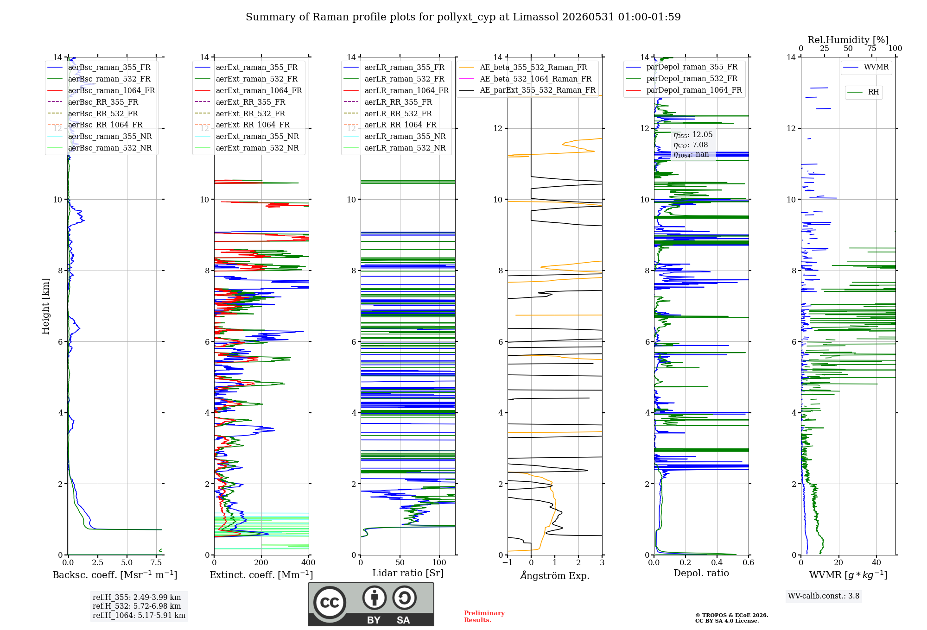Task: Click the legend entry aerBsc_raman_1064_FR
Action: (x=101, y=90)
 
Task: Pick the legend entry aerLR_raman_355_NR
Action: (x=395, y=136)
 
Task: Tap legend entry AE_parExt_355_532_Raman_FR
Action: (x=527, y=90)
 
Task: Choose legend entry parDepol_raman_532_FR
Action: (x=682, y=78)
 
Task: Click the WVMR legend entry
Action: (x=866, y=67)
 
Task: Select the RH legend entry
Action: (x=864, y=92)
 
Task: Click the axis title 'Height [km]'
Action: (x=45, y=306)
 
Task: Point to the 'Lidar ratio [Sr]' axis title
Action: (x=408, y=573)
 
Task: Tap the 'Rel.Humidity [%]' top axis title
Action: (x=848, y=40)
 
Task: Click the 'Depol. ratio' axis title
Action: (x=701, y=573)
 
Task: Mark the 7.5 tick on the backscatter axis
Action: (x=156, y=562)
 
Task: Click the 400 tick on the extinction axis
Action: (x=309, y=562)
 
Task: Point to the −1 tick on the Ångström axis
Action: (x=508, y=562)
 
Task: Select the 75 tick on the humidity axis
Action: (x=872, y=48)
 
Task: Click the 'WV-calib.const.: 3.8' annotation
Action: (x=824, y=596)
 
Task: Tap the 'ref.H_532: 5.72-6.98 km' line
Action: (x=137, y=606)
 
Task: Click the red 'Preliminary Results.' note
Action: (x=484, y=617)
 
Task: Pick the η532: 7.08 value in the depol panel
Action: (x=691, y=145)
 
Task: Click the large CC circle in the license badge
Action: (x=330, y=603)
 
